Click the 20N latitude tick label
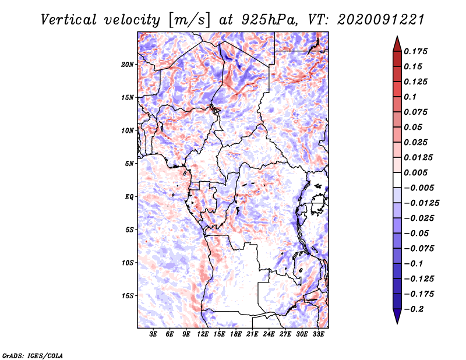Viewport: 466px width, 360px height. pos(128,64)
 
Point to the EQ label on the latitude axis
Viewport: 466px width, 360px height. pos(129,196)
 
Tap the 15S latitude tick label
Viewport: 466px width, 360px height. pos(128,295)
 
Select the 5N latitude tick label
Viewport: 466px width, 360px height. pos(129,164)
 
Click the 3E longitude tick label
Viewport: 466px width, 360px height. pos(153,334)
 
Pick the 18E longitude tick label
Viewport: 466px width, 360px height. pos(236,334)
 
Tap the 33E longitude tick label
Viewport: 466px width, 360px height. pos(319,334)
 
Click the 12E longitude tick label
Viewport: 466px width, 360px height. pos(203,334)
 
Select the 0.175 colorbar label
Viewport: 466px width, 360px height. pos(416,51)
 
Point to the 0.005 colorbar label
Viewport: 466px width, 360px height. pos(416,173)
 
